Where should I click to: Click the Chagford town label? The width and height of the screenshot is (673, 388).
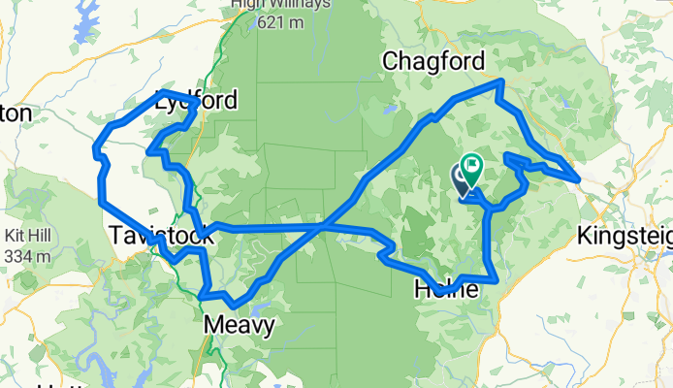433,61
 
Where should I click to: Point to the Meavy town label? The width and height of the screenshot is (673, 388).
239,327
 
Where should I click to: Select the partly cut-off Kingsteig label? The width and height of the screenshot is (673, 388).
624,235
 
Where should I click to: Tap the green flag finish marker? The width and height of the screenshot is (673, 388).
473,167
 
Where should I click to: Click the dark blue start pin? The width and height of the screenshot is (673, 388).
462,178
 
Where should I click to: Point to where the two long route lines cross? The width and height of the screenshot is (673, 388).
325,226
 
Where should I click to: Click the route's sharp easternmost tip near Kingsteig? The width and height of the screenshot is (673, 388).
579,178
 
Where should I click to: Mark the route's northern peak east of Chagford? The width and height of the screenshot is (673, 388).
499,81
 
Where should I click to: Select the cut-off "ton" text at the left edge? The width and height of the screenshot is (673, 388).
16,113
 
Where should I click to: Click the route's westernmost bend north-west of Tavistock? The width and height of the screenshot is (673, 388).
95,149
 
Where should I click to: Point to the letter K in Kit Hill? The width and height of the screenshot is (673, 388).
10,237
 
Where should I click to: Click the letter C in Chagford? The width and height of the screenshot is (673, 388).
391,61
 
